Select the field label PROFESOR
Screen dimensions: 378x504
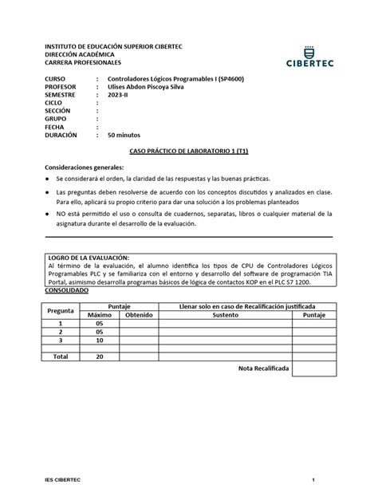click(x=61, y=88)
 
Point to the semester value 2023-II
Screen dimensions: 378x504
click(x=119, y=96)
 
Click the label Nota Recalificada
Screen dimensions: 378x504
click(x=264, y=368)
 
